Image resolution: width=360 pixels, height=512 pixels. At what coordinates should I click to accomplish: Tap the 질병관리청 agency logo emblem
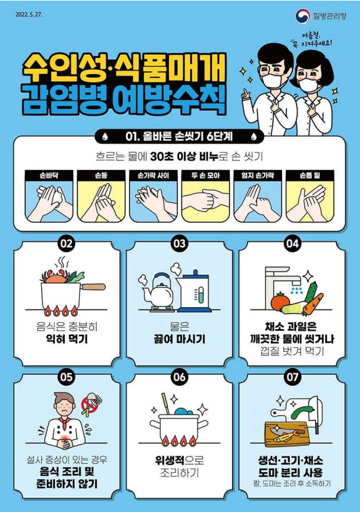coord(302,15)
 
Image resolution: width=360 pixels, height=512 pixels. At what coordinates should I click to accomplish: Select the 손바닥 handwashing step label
coord(47,176)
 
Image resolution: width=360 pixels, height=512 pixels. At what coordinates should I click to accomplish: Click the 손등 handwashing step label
coord(100,176)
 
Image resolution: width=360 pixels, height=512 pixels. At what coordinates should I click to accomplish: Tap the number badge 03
coord(180,244)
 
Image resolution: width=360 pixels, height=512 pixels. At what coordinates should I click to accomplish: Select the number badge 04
coord(293,244)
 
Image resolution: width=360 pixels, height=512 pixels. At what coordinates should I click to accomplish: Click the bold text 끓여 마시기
coord(180,340)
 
